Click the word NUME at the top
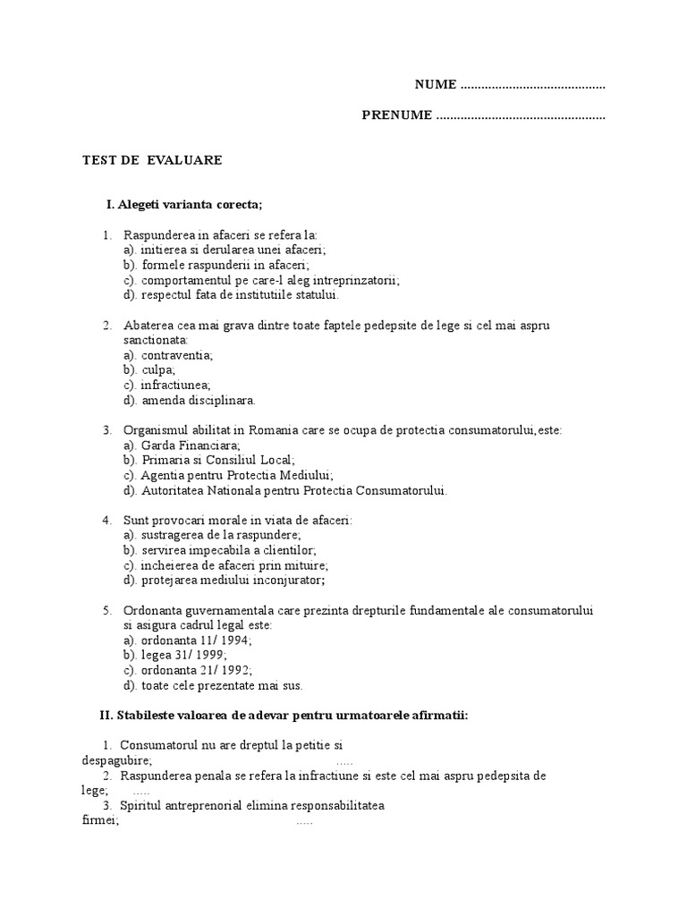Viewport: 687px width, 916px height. pos(436,85)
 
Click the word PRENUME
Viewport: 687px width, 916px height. pos(397,115)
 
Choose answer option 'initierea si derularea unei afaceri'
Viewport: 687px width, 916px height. pos(225,250)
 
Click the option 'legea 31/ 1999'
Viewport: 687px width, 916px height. pos(177,656)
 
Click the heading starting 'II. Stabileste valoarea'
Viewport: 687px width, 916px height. pos(284,716)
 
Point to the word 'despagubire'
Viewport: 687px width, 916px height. pos(116,759)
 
